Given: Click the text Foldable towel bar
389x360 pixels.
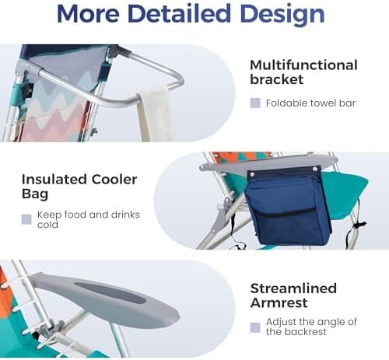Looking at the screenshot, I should (310, 103).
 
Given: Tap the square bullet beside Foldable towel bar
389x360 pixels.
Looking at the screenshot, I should (255, 103).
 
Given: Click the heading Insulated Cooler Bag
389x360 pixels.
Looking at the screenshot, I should (79, 187).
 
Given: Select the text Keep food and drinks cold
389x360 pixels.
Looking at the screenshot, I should (88, 219).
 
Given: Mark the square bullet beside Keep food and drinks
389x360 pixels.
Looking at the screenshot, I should (26, 219).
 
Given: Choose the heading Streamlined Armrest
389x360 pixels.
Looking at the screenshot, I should (293, 296).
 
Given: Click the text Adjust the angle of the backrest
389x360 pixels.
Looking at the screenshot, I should (311, 327).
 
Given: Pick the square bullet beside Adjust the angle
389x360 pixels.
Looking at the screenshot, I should (255, 327).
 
